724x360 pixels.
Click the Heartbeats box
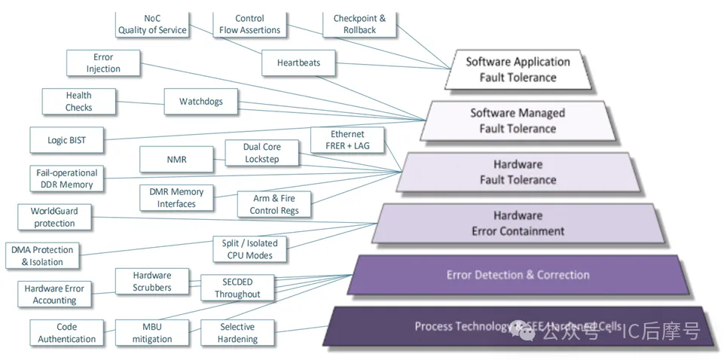[298, 63]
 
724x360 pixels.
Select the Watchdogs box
[200, 101]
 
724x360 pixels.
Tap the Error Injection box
[103, 63]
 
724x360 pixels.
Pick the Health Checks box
[78, 101]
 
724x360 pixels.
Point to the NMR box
[176, 159]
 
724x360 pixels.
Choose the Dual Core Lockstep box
[261, 153]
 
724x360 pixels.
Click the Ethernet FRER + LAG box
[347, 139]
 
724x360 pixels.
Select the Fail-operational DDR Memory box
[66, 178]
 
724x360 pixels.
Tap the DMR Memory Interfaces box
[176, 197]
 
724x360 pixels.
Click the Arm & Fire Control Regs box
[274, 204]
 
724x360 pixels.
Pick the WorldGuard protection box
[54, 217]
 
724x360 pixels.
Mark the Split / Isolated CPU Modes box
[250, 249]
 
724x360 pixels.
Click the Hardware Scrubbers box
[152, 281]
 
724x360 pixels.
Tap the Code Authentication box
[67, 333]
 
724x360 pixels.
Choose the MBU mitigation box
[152, 333]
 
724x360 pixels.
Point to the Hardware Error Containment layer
[518, 223]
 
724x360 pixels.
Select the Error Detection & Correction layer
[518, 275]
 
